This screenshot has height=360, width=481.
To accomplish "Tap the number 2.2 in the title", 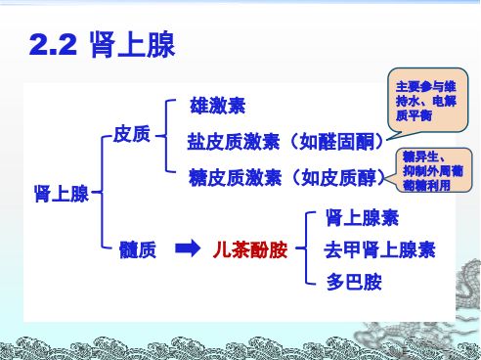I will [55, 45].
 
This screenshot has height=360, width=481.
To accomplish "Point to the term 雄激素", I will [216, 106].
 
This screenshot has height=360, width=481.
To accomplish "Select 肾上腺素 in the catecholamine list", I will [362, 217].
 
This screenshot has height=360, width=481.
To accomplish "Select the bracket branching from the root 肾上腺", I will [102, 193].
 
